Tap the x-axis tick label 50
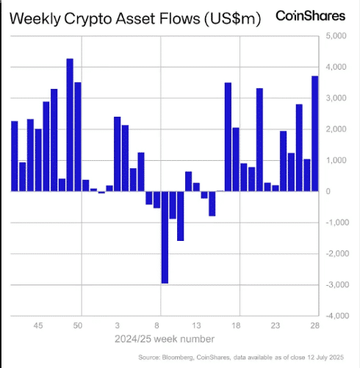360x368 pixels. pyautogui.click(x=78, y=325)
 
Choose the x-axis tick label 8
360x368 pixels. pyautogui.click(x=157, y=325)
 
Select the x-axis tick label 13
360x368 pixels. pyautogui.click(x=196, y=325)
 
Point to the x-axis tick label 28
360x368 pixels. pyautogui.click(x=314, y=325)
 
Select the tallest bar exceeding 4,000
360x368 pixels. pyautogui.click(x=70, y=125)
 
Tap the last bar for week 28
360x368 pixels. pyautogui.click(x=314, y=134)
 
